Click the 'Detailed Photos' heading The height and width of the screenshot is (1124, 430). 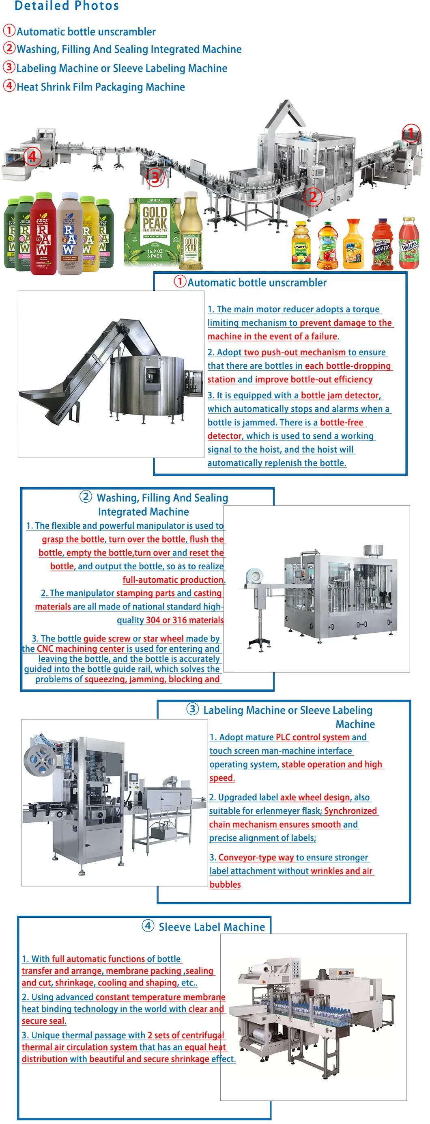point(67,6)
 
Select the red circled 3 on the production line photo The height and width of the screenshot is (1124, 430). point(155,177)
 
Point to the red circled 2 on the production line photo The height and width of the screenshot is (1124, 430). point(313,197)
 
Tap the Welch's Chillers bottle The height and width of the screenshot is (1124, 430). point(382,244)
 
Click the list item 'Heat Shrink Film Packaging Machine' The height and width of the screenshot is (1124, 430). point(101,87)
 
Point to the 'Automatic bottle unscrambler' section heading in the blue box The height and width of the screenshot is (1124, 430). point(257,283)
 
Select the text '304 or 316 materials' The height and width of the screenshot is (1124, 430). point(185,620)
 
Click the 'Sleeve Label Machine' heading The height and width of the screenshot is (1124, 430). point(211,927)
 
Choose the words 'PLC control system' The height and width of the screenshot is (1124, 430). point(313,737)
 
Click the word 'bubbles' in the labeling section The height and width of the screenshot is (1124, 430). point(225,884)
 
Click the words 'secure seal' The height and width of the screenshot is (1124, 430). point(43,1021)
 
